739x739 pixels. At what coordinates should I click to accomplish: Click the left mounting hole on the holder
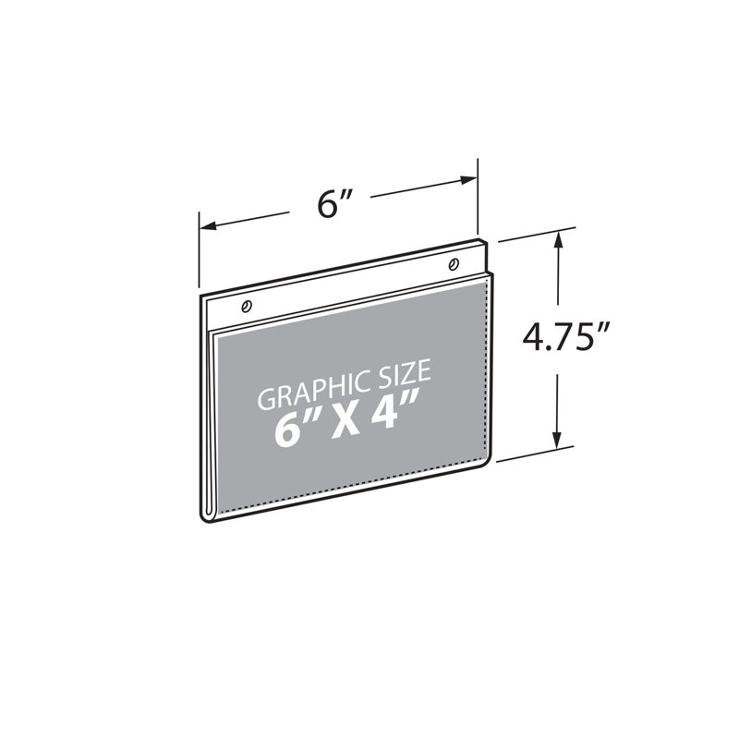(x=246, y=307)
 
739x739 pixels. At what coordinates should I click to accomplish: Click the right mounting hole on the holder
(x=454, y=264)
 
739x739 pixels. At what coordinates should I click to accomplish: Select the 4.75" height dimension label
(x=566, y=336)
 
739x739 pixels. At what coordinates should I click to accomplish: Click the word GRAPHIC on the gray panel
(x=312, y=389)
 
